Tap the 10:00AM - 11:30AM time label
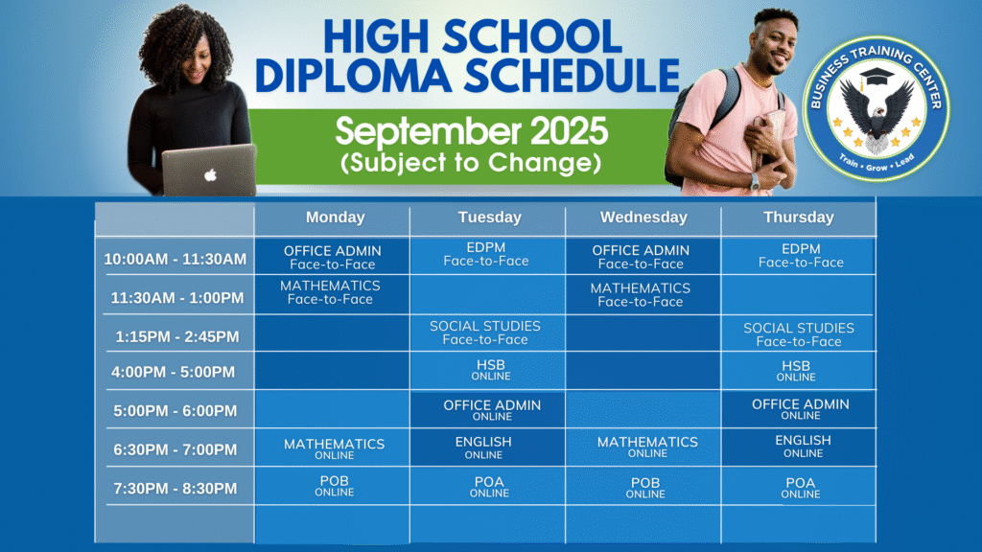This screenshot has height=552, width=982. [175, 259]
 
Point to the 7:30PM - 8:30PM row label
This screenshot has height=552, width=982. [175, 488]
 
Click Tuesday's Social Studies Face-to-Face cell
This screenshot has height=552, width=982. [487, 333]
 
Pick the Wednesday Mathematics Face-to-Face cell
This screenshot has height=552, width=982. [643, 294]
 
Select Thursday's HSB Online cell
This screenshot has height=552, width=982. [799, 371]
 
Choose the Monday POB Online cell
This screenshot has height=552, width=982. [332, 486]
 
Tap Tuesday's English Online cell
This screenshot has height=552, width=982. [487, 447]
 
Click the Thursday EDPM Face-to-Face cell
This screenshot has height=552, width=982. [799, 255]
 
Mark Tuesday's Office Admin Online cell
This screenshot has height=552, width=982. [487, 409]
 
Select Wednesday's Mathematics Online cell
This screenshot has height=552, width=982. [643, 447]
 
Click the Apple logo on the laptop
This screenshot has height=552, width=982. [210, 174]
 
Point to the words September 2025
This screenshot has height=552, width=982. [471, 131]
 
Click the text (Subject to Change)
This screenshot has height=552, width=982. [471, 163]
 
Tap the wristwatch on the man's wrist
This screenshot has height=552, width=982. [756, 181]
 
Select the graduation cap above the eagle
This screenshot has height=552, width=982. [877, 77]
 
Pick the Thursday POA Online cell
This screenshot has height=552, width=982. [799, 486]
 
